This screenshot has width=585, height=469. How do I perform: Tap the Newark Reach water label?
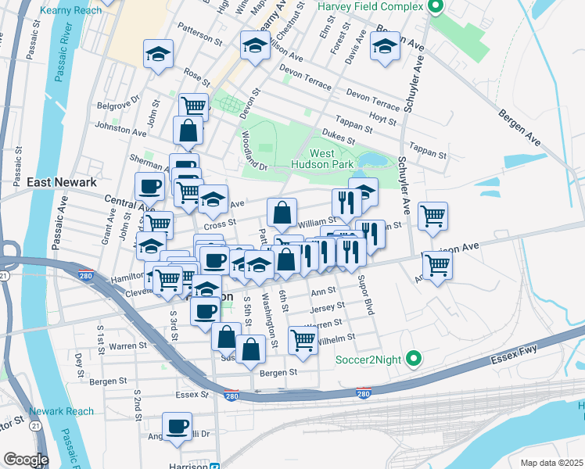point(61,411)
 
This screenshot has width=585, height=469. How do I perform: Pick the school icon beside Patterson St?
point(158,54)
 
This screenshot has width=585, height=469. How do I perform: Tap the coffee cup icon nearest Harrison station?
point(178,426)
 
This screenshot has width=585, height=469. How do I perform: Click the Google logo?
point(25,460)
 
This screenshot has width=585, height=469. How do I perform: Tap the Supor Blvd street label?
point(365,295)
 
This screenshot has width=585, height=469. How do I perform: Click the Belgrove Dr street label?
point(117,104)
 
